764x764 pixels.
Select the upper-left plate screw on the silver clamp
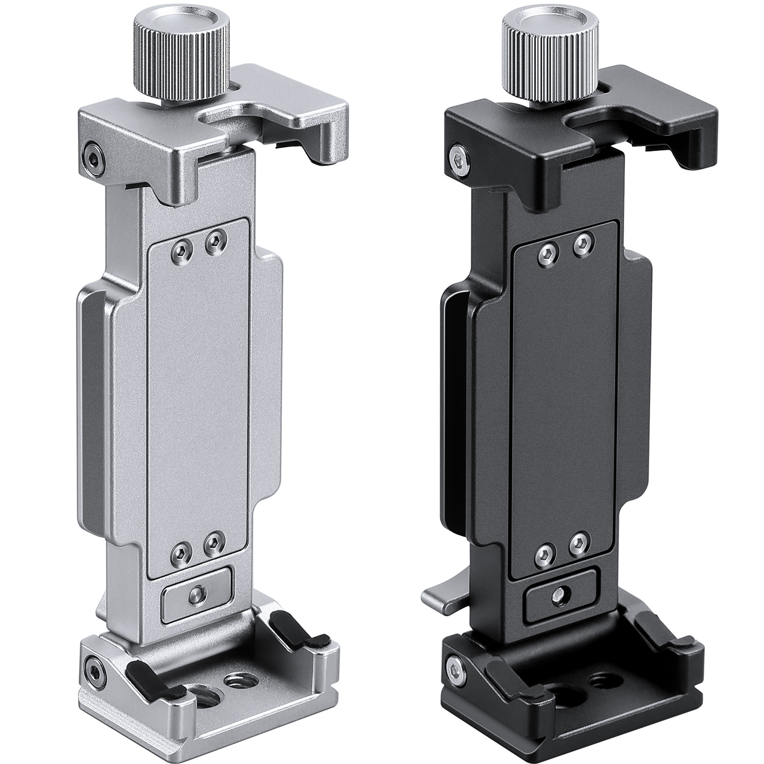coord(181,249)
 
